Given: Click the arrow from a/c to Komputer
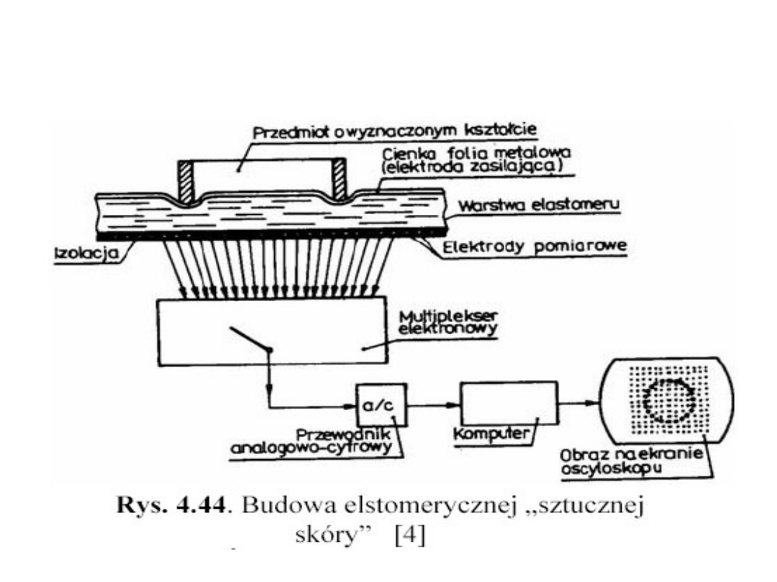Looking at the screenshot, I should click(x=434, y=404).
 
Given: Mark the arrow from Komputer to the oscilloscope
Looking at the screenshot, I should click(x=581, y=404).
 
